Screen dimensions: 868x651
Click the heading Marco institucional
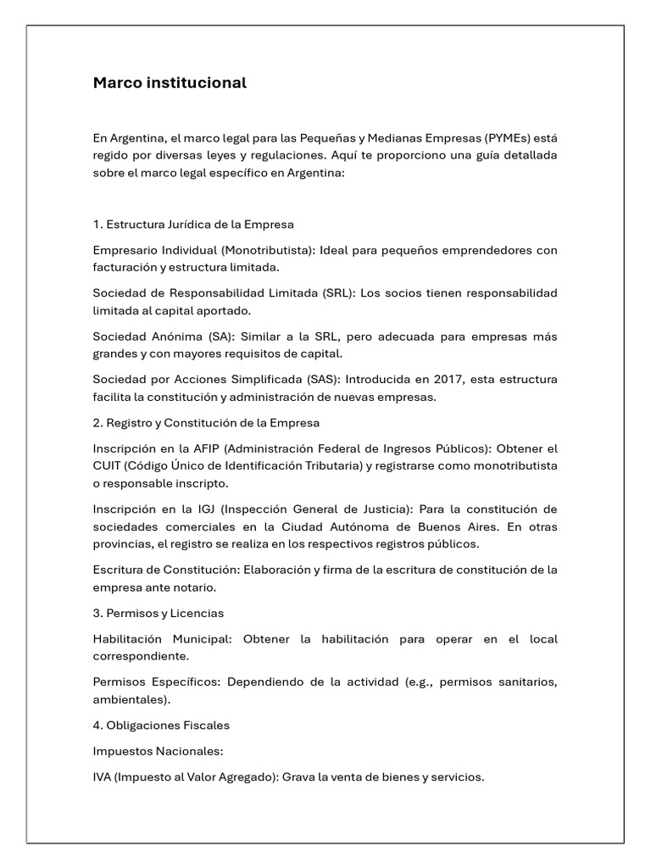(170, 83)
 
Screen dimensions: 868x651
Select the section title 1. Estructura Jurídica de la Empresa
(193, 225)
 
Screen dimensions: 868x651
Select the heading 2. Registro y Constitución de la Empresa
(206, 422)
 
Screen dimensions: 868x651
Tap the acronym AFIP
(205, 448)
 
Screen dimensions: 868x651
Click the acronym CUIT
(108, 465)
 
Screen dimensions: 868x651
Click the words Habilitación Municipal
(161, 638)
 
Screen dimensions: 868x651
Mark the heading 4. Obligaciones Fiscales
(161, 726)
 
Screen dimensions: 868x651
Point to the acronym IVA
(103, 776)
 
